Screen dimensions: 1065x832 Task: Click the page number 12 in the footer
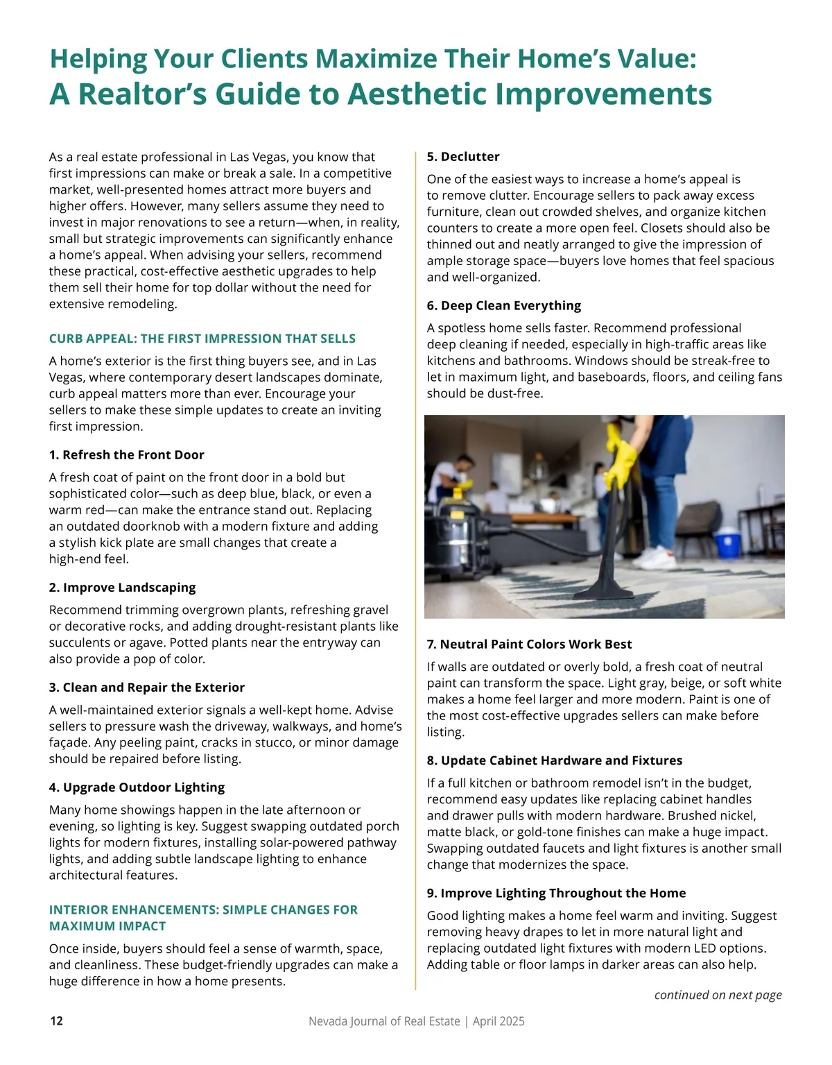[x=56, y=1021]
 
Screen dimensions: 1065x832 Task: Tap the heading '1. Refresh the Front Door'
[x=126, y=455]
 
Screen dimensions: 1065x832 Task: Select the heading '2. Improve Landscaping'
[x=122, y=588]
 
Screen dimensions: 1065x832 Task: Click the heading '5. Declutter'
[x=462, y=157]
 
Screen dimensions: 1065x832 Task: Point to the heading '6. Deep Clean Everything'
[x=503, y=306]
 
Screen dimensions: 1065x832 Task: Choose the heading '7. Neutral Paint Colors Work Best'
[x=529, y=645]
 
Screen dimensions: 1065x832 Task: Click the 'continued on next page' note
[x=718, y=995]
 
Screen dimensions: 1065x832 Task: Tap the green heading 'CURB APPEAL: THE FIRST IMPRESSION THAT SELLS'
[x=202, y=339]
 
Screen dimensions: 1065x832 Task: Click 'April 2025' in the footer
[x=499, y=1021]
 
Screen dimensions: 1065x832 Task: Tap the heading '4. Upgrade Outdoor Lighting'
[x=137, y=787]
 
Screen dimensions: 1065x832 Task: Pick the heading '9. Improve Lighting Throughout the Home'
[x=556, y=894]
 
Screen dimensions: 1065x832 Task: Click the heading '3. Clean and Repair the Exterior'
[x=146, y=688]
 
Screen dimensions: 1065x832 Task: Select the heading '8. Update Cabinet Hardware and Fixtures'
[x=554, y=760]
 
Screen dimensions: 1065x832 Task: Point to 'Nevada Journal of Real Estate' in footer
[x=384, y=1021]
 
